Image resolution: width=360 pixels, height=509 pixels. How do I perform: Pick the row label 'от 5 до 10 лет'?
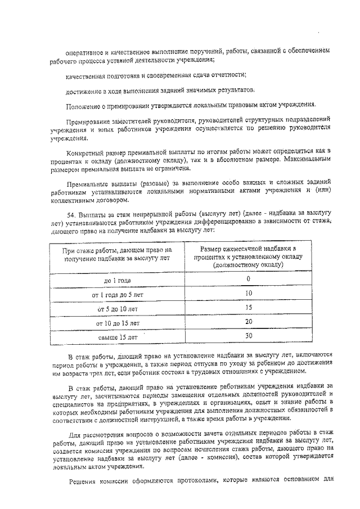point(117,309)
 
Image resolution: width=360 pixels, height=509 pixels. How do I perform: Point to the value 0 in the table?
point(248,278)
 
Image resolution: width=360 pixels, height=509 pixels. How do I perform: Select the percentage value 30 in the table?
point(248,336)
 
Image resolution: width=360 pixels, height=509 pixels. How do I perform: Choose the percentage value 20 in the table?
point(248,322)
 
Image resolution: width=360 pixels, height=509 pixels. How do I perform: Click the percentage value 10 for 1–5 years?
point(248,293)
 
